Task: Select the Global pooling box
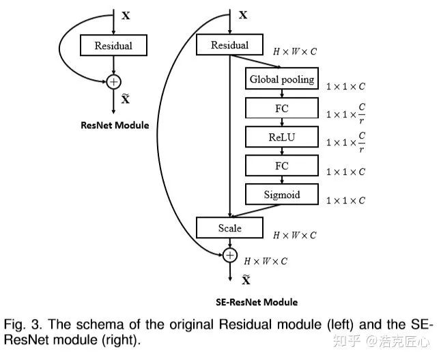(282, 79)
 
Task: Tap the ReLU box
(282, 137)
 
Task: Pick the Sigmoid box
(282, 195)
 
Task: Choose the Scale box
(229, 228)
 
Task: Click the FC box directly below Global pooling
(282, 107)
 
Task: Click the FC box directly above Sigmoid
(282, 165)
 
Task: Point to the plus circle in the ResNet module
(114, 82)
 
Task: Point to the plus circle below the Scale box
(230, 255)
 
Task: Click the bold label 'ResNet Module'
(115, 125)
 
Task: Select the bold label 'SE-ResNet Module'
(256, 301)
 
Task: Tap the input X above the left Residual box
(126, 15)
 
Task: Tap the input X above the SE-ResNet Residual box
(242, 14)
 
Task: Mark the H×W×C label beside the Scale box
(294, 236)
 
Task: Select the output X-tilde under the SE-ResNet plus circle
(245, 279)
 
